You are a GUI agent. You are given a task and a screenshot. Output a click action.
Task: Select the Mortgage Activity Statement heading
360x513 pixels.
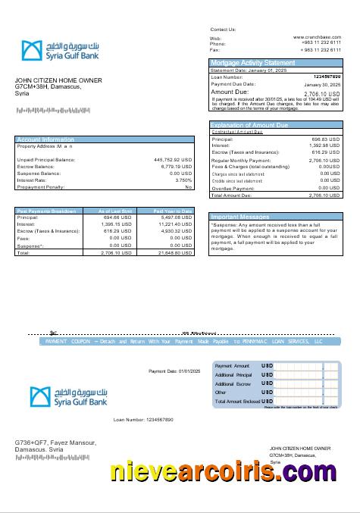[252, 62]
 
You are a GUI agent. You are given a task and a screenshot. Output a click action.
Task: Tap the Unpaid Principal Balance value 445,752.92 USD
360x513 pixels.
[173, 160]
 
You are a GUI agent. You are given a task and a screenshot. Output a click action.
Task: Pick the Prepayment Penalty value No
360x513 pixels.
[189, 187]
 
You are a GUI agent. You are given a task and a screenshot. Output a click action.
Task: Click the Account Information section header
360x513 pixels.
[45, 139]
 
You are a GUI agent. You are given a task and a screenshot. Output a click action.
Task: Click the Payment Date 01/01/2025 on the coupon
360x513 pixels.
[173, 371]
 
